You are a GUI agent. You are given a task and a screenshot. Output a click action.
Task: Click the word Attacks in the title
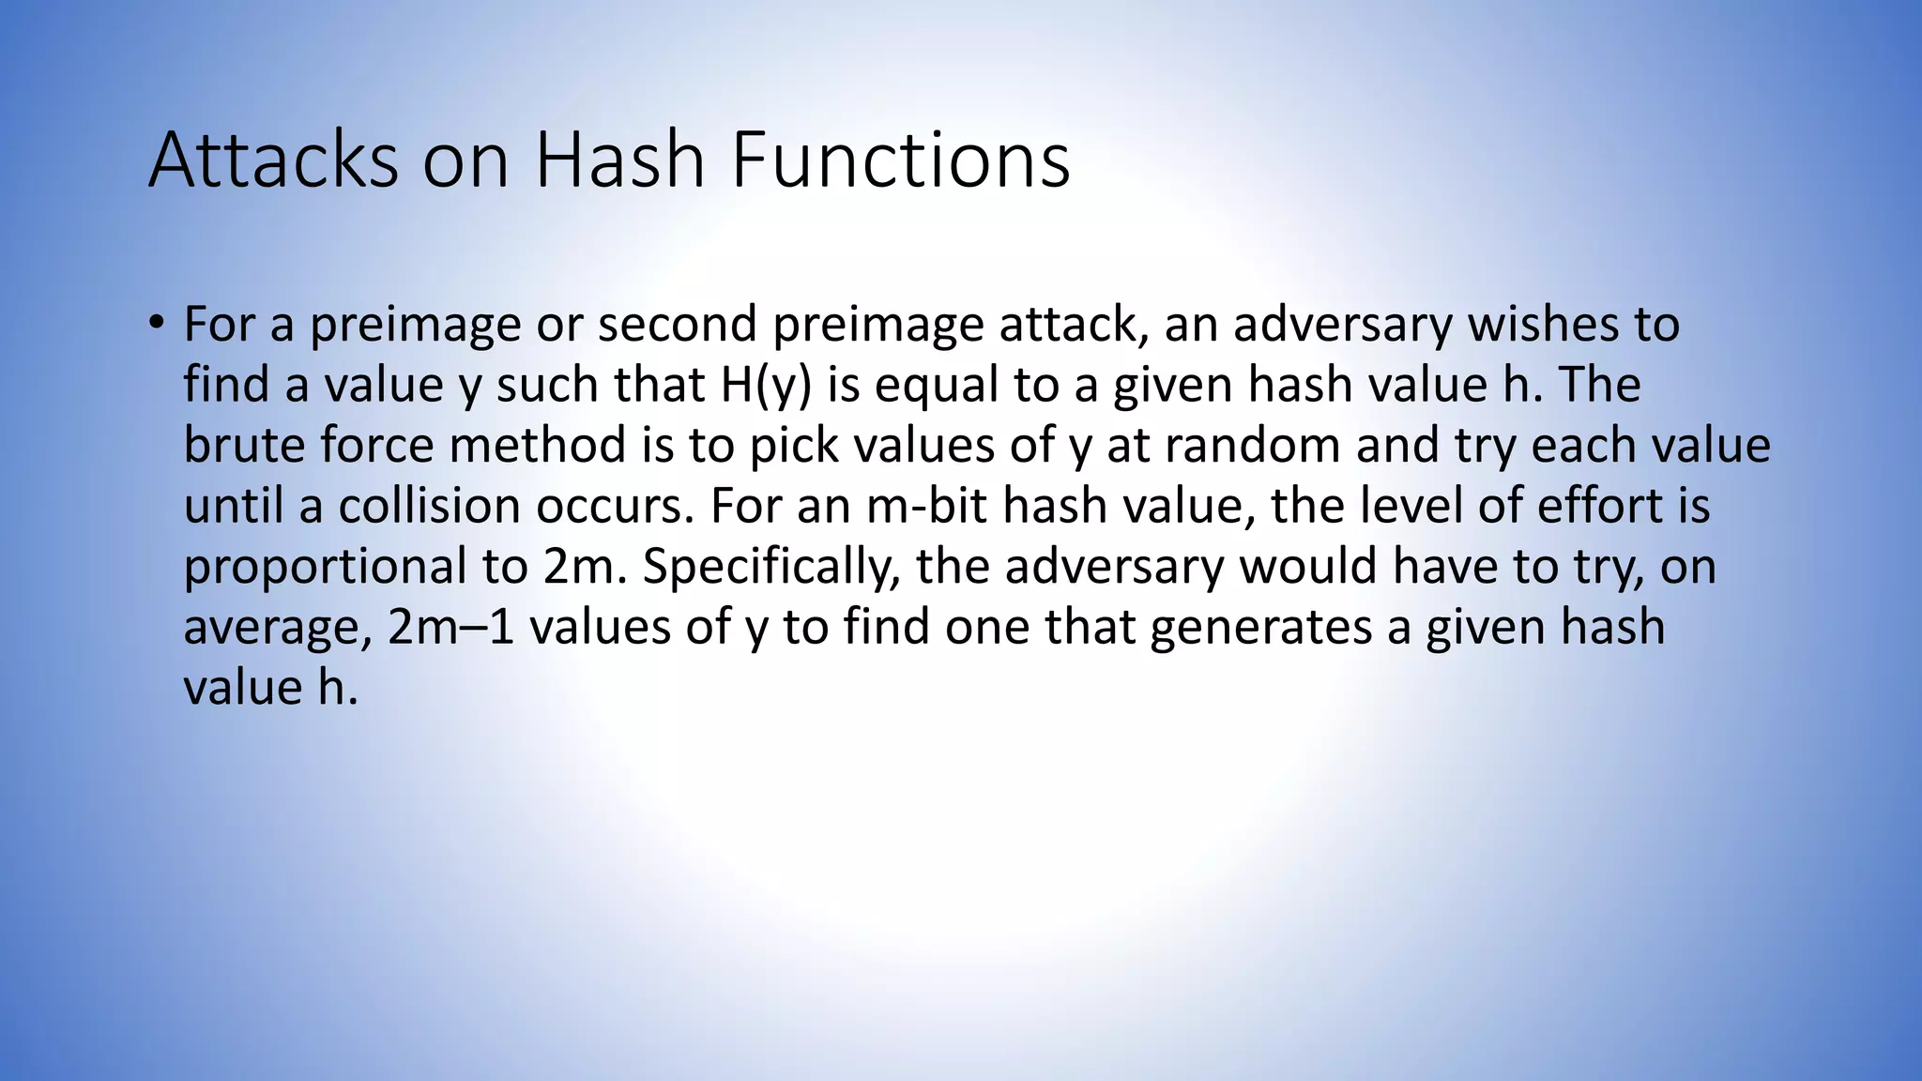point(273,160)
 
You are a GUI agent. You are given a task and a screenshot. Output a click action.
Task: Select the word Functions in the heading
point(900,160)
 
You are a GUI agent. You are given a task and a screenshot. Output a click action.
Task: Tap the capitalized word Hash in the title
point(619,160)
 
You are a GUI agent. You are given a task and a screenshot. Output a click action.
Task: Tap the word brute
point(244,445)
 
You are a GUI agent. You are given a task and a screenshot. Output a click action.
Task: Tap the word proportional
point(325,566)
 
